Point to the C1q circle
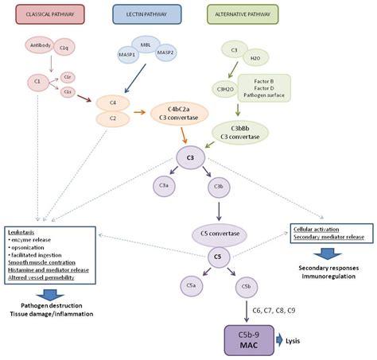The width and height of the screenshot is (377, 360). click(65, 50)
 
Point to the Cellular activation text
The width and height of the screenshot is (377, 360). click(320, 228)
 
